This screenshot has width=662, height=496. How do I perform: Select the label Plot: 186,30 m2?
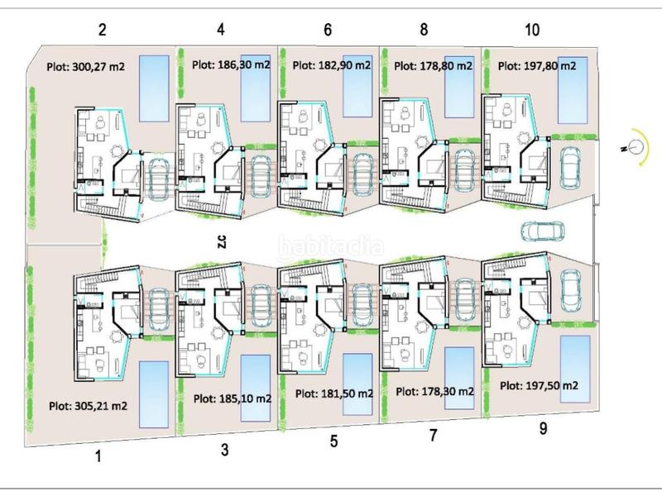231,64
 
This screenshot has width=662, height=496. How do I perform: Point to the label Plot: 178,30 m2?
435,391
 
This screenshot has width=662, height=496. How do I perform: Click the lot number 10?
532,30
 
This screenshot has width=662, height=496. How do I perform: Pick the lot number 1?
98,456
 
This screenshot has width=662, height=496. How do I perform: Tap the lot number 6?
328,30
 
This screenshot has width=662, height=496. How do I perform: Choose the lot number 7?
433,436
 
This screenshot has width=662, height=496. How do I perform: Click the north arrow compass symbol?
636,147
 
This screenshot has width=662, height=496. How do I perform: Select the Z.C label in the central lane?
223,241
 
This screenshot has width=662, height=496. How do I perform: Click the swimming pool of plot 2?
154,88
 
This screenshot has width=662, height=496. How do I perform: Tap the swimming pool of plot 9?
574,369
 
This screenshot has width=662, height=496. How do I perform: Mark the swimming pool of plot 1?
154,394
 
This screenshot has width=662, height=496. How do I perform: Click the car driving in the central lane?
543,231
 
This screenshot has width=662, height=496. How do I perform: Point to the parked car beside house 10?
570,169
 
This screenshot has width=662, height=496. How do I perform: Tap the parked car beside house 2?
159,178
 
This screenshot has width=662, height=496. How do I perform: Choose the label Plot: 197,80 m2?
537,66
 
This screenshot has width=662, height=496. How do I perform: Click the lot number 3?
224,449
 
